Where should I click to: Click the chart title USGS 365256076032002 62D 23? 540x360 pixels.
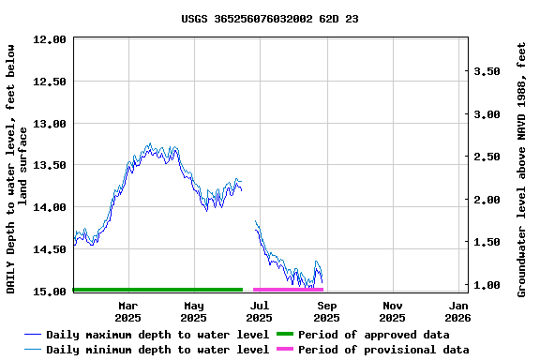269,19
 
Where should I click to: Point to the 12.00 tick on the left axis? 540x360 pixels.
50,39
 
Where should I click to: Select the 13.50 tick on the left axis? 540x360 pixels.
50,165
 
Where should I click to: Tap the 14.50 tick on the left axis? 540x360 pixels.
50,249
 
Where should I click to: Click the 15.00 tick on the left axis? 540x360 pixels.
50,292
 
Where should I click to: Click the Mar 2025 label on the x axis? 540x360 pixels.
127,311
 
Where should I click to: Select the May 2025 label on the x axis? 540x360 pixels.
193,311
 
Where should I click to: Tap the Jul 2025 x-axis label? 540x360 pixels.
260,311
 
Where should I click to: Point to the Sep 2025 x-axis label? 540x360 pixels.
327,311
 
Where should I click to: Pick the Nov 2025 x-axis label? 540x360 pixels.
393,311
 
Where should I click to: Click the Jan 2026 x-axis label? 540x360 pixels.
458,311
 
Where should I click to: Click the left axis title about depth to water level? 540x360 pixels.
17,169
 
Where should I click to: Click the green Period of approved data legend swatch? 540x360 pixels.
284,335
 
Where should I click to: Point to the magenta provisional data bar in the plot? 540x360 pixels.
288,290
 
